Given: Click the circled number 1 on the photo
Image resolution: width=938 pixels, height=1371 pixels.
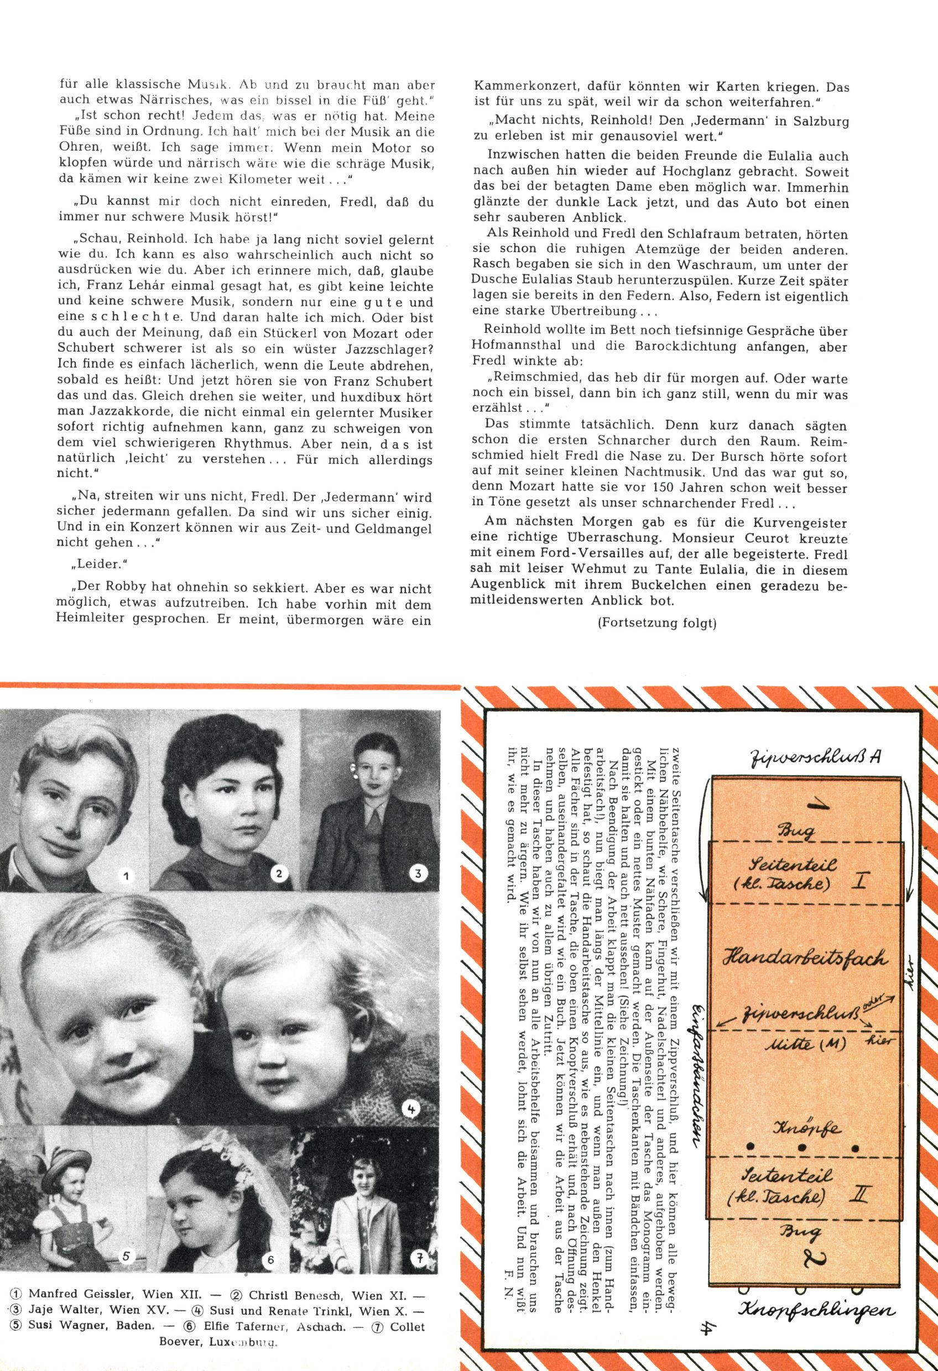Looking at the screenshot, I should (x=126, y=876).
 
